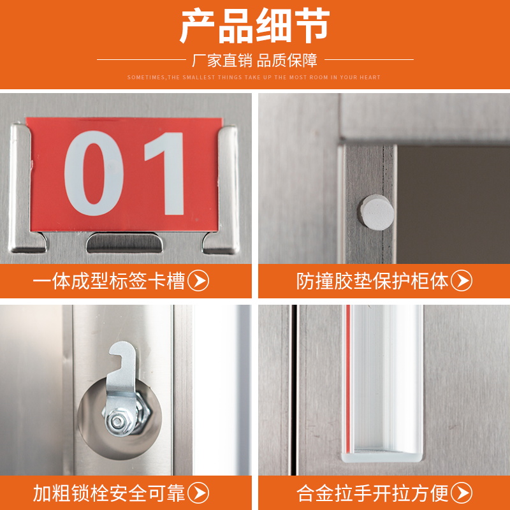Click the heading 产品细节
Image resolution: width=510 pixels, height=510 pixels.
point(254,27)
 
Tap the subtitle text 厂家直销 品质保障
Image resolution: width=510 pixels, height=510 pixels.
point(254,61)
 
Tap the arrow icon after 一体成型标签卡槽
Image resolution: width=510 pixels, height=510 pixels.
point(201,281)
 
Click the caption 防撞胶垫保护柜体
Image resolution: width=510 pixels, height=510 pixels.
point(373,281)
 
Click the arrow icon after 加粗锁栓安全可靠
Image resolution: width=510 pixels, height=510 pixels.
point(201,493)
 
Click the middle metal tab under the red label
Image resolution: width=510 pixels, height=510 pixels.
point(124,242)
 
